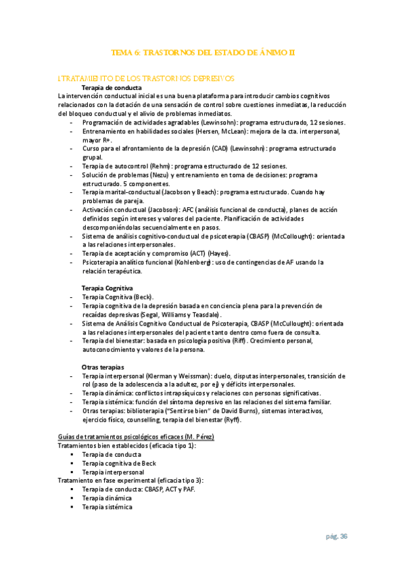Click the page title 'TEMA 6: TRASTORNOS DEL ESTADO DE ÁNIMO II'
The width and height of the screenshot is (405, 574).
(203, 53)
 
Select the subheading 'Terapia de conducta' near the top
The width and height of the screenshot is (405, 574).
(112, 88)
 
